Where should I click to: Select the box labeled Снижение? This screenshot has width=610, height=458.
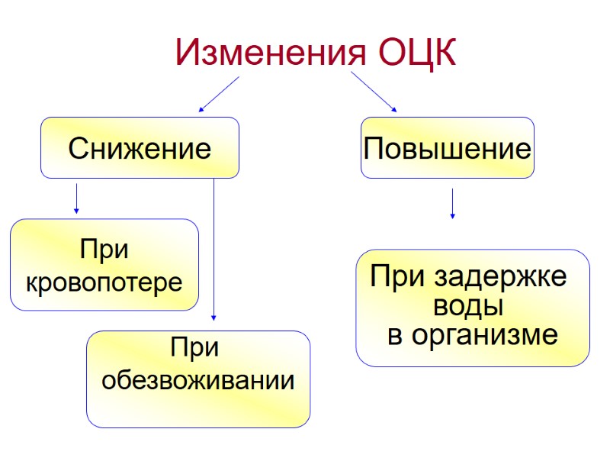[140, 147]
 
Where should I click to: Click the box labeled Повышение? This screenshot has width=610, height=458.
[448, 147]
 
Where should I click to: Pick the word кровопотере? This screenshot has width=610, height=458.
[104, 282]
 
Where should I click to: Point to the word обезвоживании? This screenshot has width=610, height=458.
[198, 379]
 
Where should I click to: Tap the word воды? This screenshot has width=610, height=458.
[467, 307]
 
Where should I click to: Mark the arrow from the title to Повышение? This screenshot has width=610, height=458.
[374, 92]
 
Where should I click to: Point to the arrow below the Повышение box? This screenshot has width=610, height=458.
[453, 204]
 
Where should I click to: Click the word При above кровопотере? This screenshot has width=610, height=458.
[104, 250]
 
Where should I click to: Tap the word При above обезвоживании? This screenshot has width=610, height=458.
[195, 348]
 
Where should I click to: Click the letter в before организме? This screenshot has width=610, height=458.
[395, 335]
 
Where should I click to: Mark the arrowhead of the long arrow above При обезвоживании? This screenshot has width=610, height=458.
[214, 317]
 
